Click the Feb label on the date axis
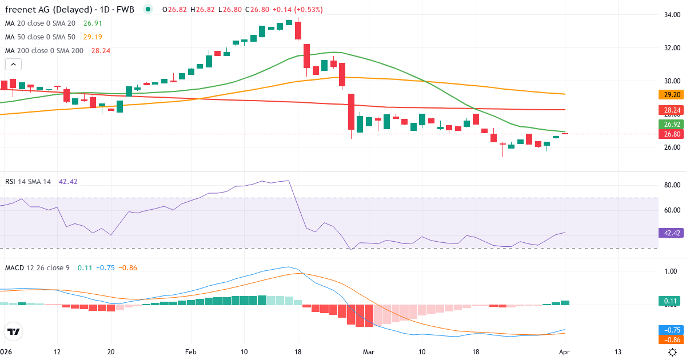point(190,351)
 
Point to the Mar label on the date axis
point(369,351)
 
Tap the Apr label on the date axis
point(564,351)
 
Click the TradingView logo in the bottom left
point(13,331)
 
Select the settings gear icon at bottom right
point(673,351)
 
